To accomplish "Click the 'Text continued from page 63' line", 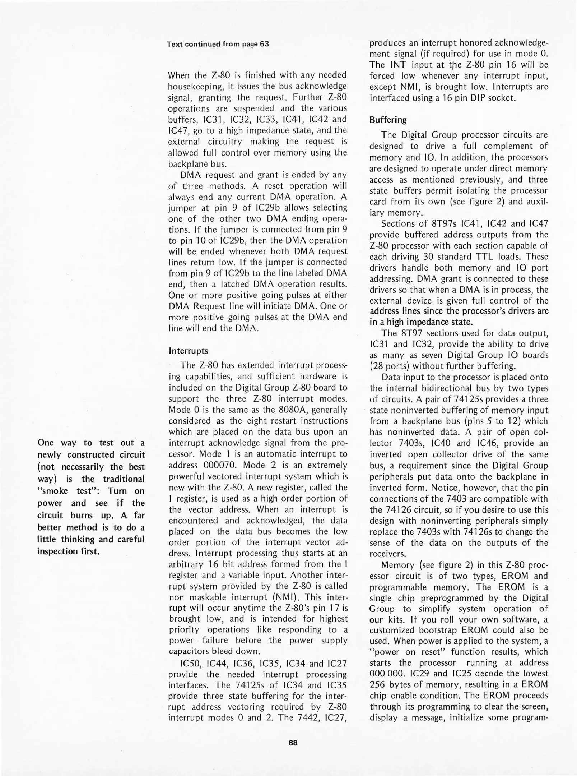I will (218, 44).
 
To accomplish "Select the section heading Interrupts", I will (189, 351).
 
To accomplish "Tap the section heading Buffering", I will (388, 120).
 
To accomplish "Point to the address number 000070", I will (219, 465).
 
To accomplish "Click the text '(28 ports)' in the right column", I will (390, 366).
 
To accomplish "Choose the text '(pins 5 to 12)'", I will (491, 421).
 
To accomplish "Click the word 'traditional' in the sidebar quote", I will (124, 479).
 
